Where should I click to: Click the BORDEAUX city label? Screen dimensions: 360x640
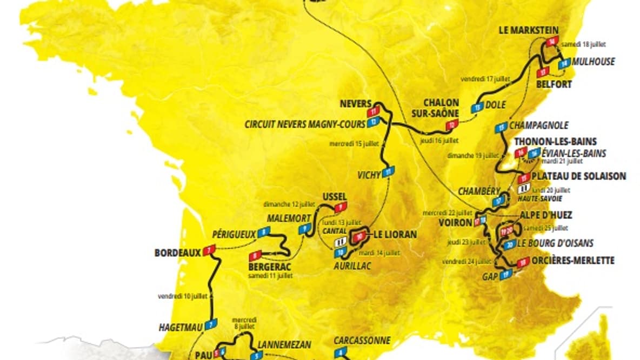177,252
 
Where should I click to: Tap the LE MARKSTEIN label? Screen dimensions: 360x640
528,30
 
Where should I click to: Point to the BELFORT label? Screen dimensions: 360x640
554,84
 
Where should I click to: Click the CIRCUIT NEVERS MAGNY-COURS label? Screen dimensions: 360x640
305,124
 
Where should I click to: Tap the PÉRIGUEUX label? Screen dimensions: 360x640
234,233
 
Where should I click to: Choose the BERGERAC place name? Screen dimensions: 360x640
270,267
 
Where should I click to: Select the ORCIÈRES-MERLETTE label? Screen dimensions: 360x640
574,261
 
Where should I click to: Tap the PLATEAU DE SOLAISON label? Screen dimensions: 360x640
579,176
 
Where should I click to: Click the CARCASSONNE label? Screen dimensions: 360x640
362,341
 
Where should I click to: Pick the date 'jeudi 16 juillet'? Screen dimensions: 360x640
439,140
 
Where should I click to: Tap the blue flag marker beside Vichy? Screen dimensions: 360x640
389,172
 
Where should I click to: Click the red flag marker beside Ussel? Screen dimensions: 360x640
340,208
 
